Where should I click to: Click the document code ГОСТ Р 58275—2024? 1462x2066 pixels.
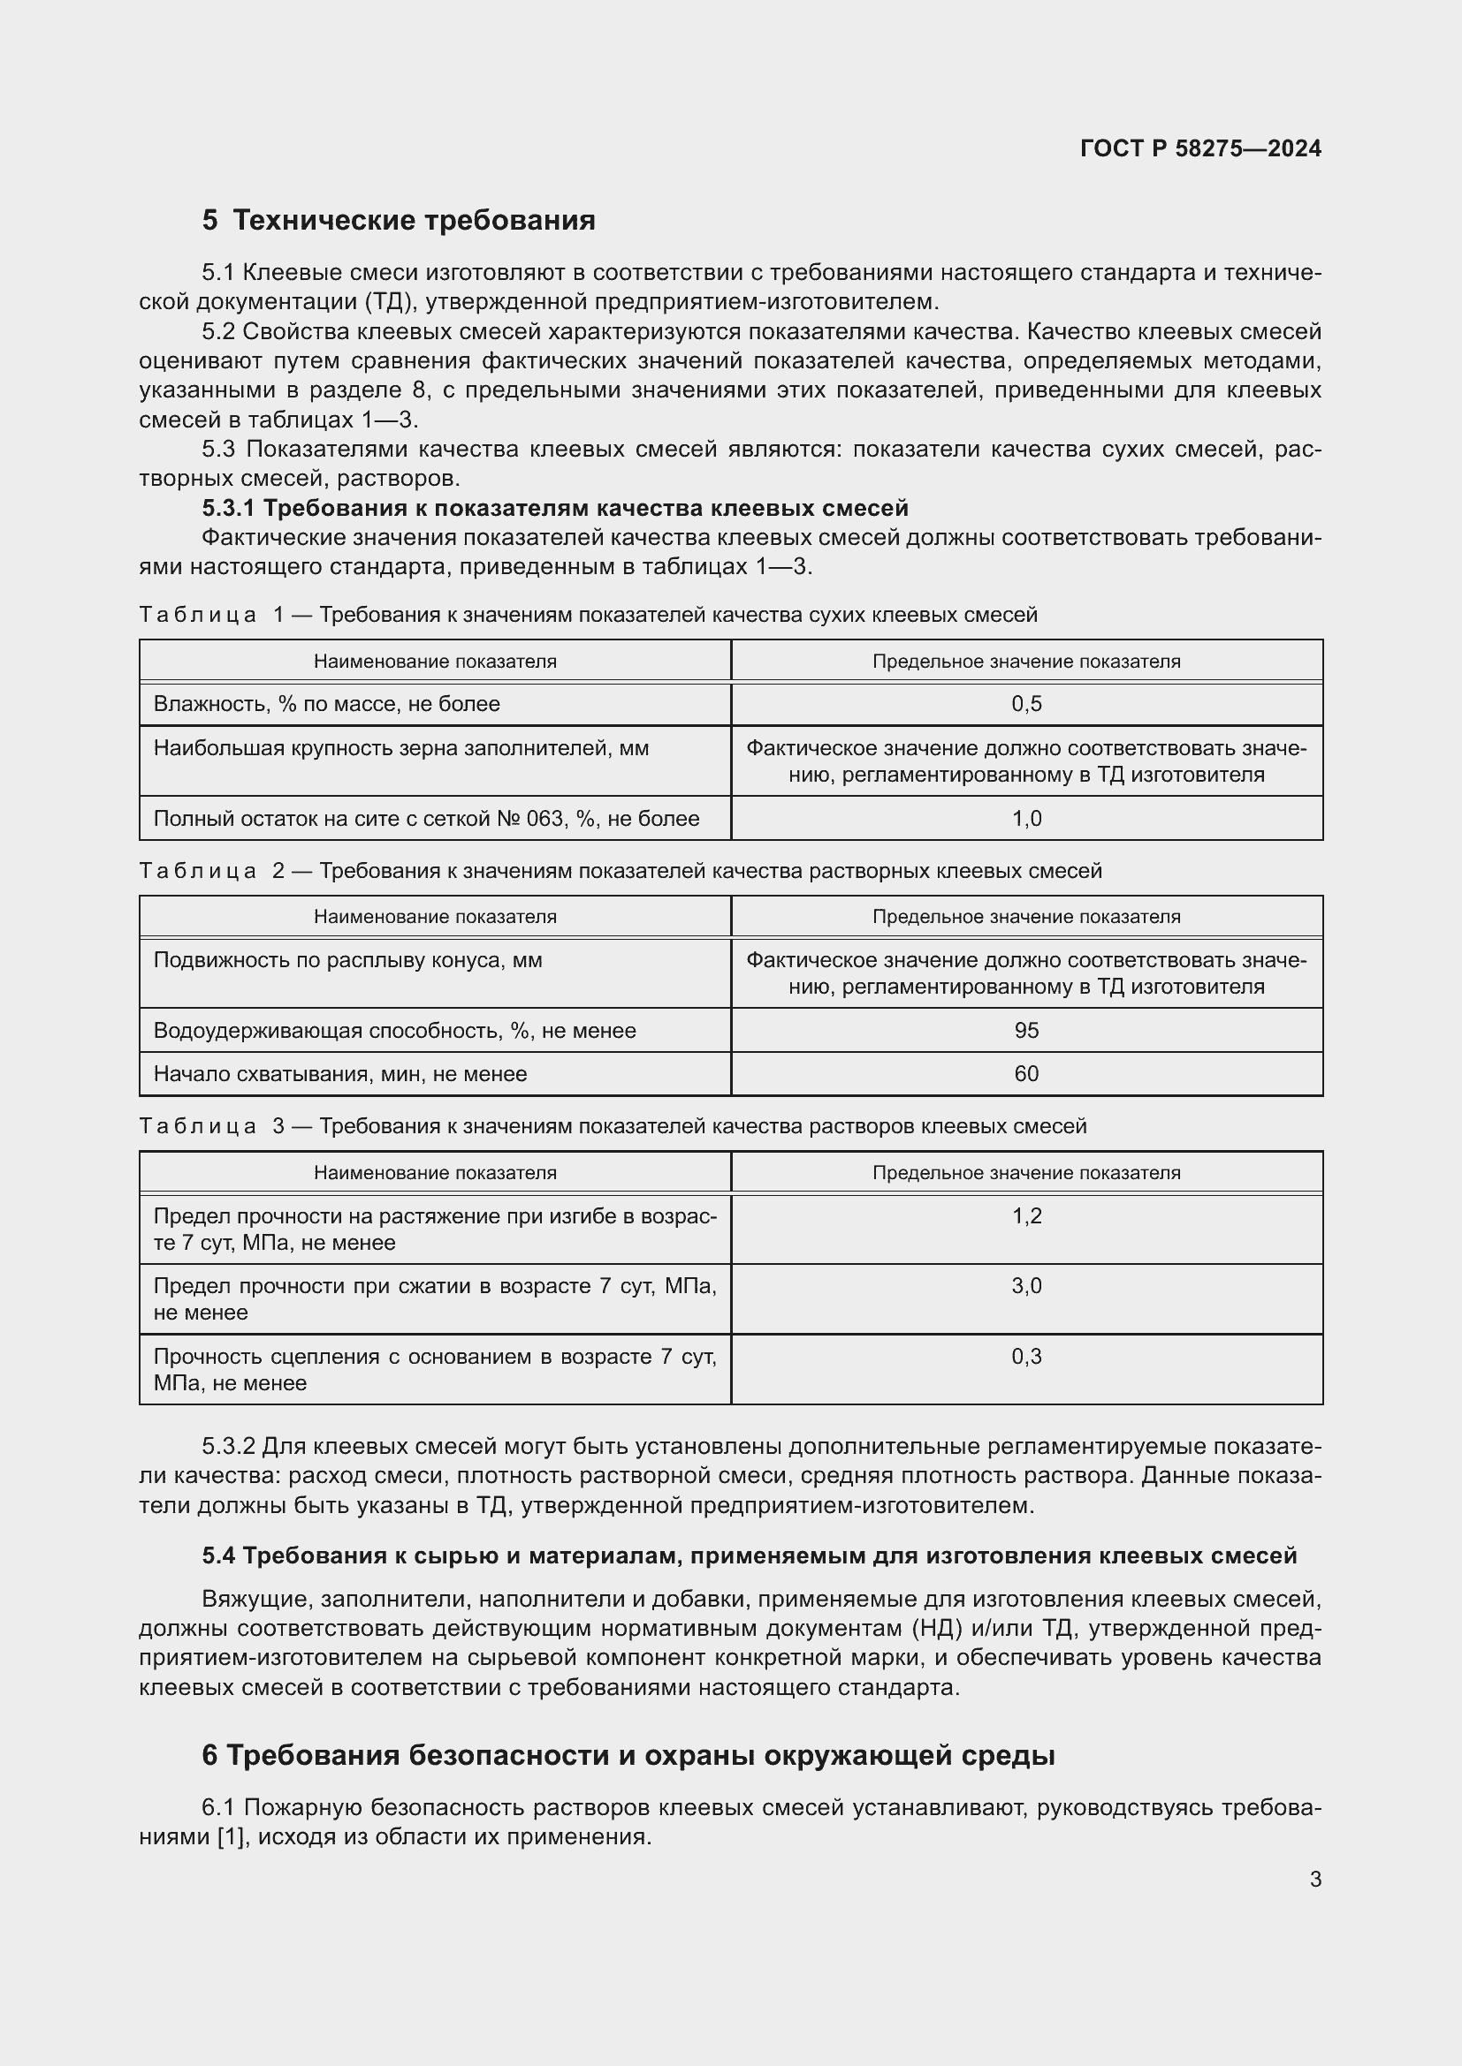pos(1200,148)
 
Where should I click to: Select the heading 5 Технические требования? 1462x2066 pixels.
pos(399,221)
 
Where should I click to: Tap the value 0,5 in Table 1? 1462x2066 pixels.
pos(1026,705)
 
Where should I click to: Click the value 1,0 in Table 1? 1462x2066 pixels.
pos(1026,819)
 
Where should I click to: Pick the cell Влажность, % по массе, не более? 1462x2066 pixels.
pos(327,705)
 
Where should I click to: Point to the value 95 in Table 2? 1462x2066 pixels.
pos(1026,1030)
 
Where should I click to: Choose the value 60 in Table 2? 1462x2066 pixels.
pos(1026,1074)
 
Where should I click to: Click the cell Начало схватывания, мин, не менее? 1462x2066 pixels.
pos(340,1074)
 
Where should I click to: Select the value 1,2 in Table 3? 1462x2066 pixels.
pos(1026,1216)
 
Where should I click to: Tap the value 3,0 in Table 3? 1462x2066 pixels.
pos(1026,1286)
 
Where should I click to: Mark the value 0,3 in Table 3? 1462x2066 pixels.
pos(1026,1357)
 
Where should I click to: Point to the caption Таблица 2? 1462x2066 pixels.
pos(212,871)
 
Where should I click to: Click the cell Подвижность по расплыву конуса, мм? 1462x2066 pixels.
pos(347,960)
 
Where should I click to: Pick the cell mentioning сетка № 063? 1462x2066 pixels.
pos(426,819)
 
